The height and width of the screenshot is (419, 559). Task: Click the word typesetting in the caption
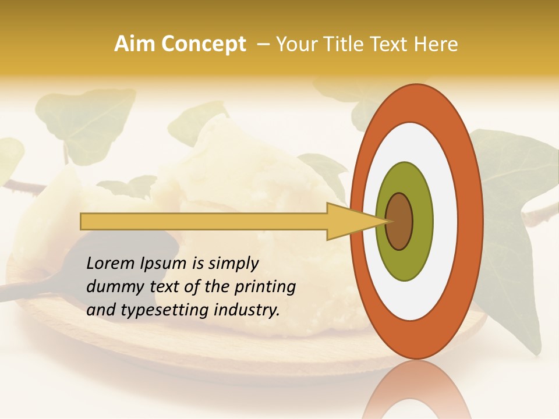coord(160,310)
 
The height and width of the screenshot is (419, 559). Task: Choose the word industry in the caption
coord(246,310)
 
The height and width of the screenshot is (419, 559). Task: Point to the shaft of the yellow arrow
coord(204,221)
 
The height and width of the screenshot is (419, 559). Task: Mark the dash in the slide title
coord(263,44)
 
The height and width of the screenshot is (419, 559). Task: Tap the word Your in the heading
coord(295,44)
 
